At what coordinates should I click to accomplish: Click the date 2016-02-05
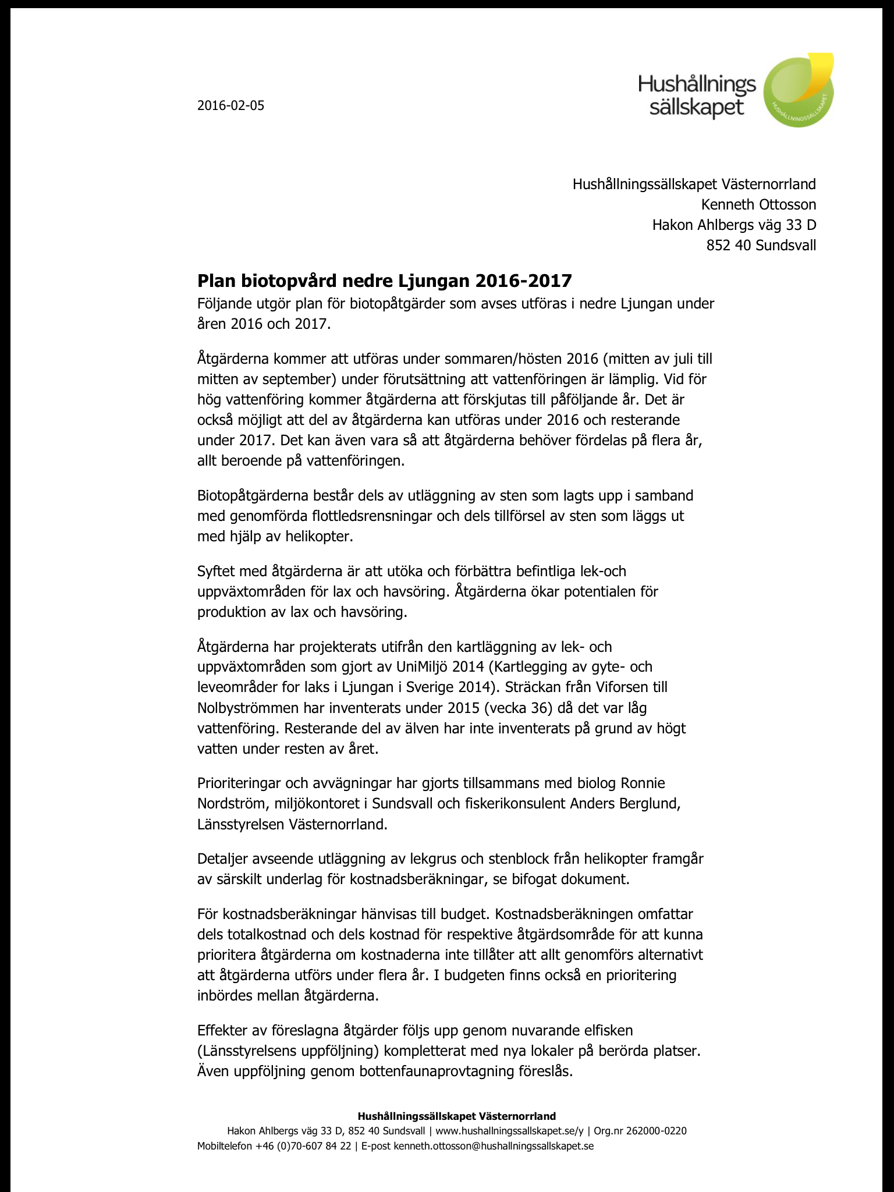coord(230,105)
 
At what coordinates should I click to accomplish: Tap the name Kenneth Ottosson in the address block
coord(758,204)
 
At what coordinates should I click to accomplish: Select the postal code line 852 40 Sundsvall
coord(761,245)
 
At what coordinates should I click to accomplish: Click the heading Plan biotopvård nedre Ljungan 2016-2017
coord(384,281)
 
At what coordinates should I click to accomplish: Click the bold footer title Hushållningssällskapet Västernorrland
coord(456,1116)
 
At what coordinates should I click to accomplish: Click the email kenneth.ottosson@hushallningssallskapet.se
coord(494,1146)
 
